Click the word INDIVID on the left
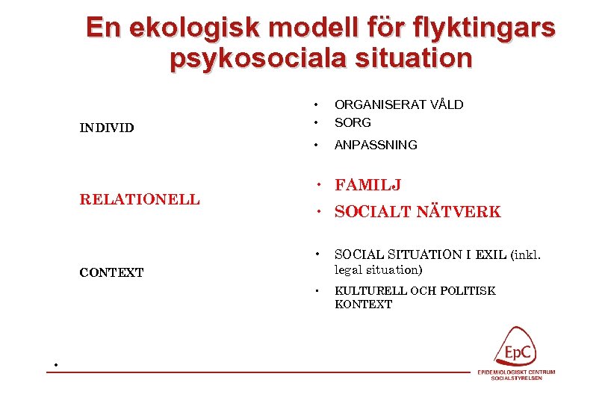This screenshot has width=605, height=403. (x=107, y=128)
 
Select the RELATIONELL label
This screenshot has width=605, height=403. (x=140, y=199)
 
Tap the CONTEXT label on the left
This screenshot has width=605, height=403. (x=111, y=272)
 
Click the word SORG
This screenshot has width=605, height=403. (x=353, y=122)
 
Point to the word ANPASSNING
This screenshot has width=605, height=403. (x=376, y=145)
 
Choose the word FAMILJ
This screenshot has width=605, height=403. (x=369, y=185)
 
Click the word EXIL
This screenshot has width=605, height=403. (x=489, y=255)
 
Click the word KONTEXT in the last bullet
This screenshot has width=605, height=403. (x=363, y=304)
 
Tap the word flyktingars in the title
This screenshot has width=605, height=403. (x=483, y=28)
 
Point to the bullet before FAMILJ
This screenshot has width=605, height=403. (x=317, y=185)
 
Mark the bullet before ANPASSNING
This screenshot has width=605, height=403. (x=317, y=145)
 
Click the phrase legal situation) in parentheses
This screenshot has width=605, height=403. (x=378, y=269)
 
